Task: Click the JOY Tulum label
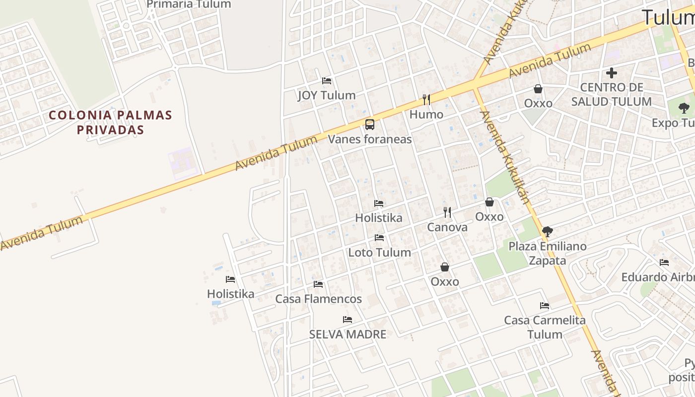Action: click(x=327, y=95)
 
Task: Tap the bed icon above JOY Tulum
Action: click(x=327, y=80)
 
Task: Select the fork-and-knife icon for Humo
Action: click(x=426, y=100)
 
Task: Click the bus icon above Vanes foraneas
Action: click(x=370, y=125)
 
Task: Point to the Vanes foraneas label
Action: click(x=370, y=139)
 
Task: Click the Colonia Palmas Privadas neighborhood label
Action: click(x=110, y=123)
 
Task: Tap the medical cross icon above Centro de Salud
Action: click(x=612, y=73)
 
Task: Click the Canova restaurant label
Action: click(x=447, y=227)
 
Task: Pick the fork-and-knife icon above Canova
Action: click(x=447, y=212)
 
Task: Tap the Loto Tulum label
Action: click(x=379, y=253)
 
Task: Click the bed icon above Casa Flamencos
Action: click(x=318, y=284)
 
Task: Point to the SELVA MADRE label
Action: click(x=347, y=334)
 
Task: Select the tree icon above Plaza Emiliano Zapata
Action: click(x=548, y=231)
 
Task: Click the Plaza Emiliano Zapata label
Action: click(x=548, y=253)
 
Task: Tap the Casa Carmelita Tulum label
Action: click(x=545, y=327)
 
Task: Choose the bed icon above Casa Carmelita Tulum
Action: click(x=545, y=306)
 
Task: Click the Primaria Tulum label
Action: click(x=189, y=4)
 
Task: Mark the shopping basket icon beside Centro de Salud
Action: click(x=538, y=89)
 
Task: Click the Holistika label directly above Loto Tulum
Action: click(x=379, y=218)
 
